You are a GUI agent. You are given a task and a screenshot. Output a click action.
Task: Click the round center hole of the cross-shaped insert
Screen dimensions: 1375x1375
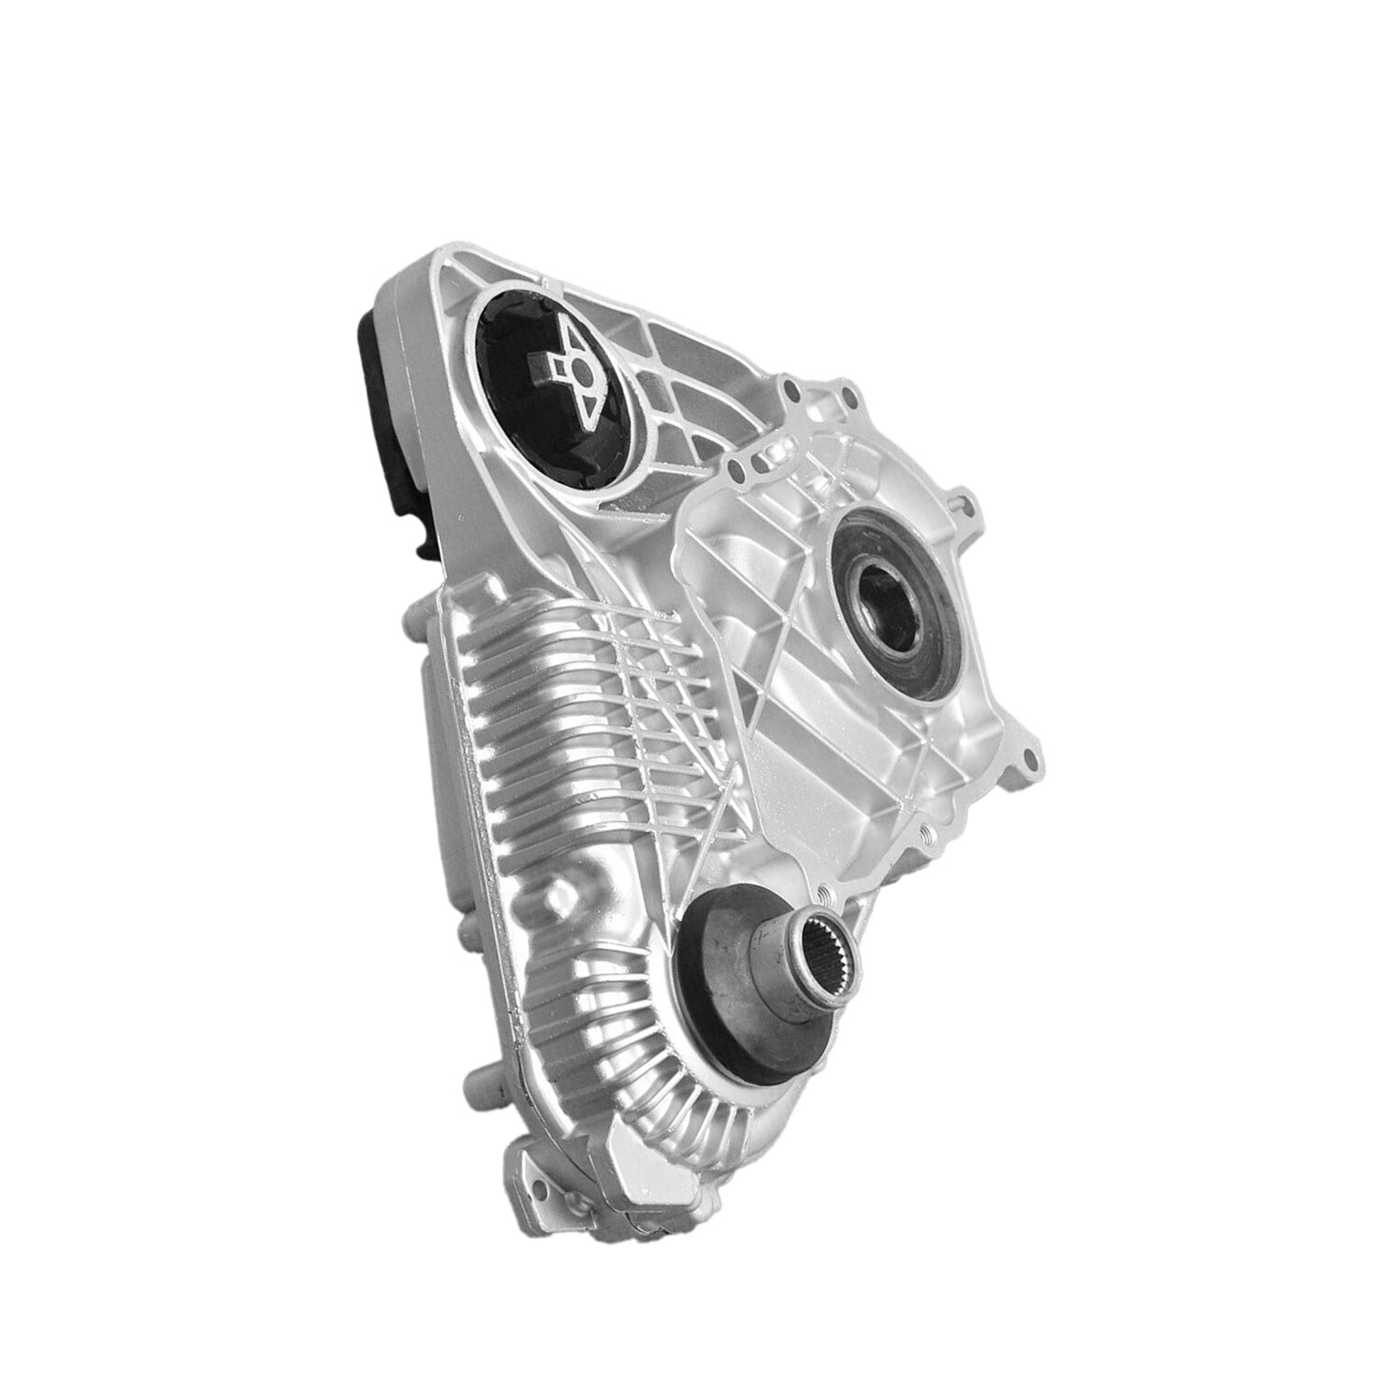pos(579,368)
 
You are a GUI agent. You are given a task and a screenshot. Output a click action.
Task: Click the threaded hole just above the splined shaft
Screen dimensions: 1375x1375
pos(823,894)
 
